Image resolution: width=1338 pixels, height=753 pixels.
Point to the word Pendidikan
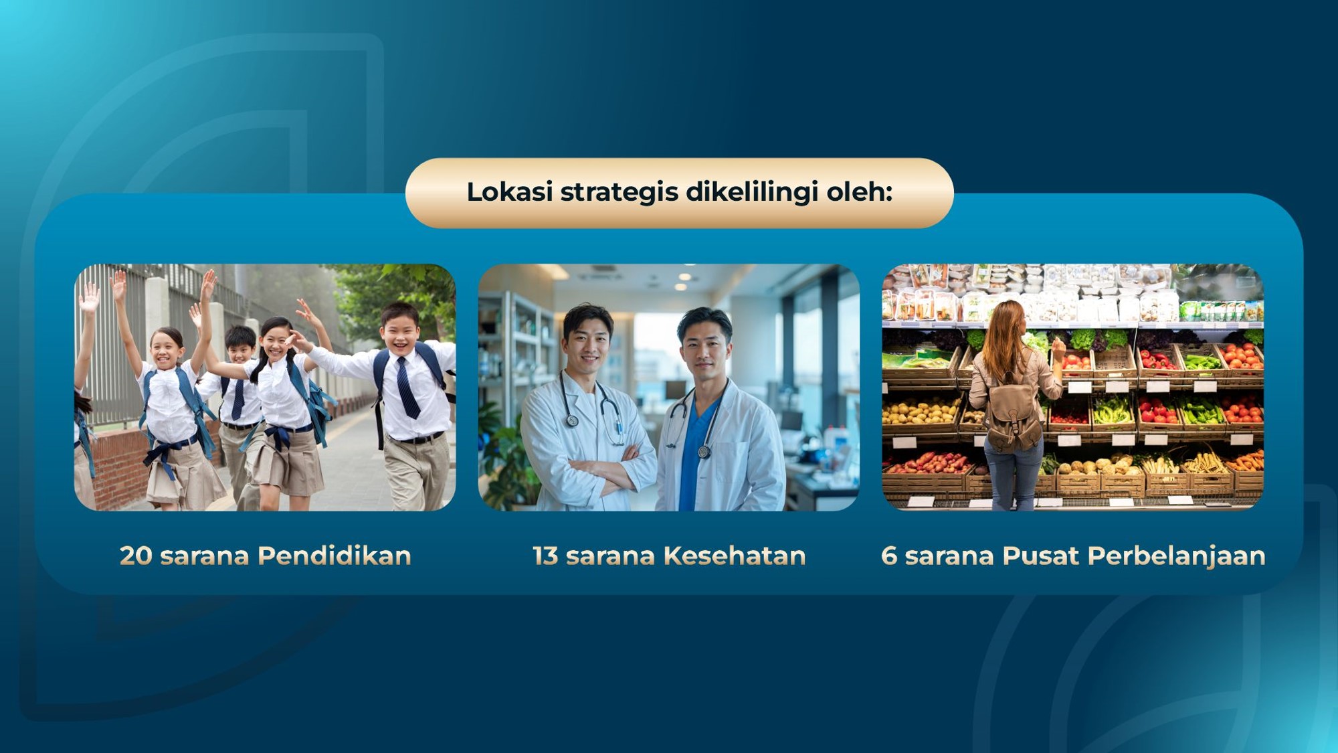pyautogui.click(x=334, y=556)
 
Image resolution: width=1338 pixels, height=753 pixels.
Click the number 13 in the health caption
pyautogui.click(x=545, y=556)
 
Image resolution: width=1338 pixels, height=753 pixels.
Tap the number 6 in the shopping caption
pyautogui.click(x=889, y=556)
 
